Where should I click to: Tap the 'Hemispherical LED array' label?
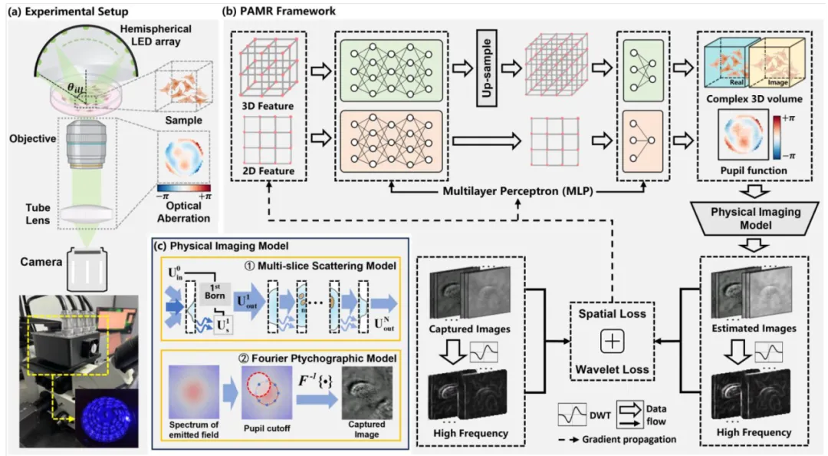tap(150, 34)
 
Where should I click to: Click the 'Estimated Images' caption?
tap(755, 328)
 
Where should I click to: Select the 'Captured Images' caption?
tap(470, 329)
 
